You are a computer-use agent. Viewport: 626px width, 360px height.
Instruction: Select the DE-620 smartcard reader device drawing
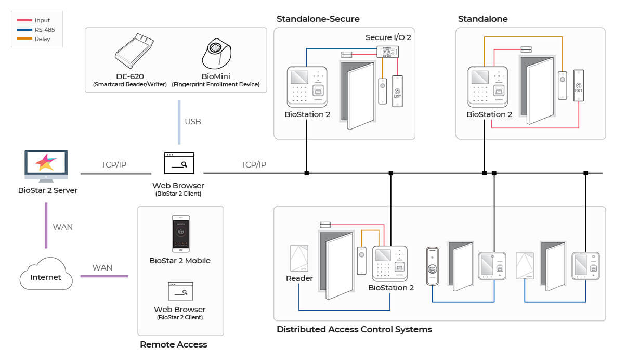pyautogui.click(x=134, y=51)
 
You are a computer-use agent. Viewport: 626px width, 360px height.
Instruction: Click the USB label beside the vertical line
pyautogui.click(x=193, y=122)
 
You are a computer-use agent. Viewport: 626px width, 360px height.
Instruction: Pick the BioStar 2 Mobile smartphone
pyautogui.click(x=180, y=234)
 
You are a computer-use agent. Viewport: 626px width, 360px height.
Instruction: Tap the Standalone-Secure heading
pyautogui.click(x=318, y=19)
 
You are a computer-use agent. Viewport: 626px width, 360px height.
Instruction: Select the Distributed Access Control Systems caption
pyautogui.click(x=354, y=329)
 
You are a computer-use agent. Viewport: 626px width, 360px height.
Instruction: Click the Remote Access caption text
pyautogui.click(x=173, y=344)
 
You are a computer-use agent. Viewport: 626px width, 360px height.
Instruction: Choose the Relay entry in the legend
pyautogui.click(x=43, y=39)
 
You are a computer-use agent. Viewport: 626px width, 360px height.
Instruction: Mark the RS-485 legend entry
pyautogui.click(x=45, y=30)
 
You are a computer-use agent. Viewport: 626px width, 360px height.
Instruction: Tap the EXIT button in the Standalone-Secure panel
pyautogui.click(x=397, y=92)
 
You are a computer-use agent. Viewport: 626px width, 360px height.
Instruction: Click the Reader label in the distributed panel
pyautogui.click(x=299, y=278)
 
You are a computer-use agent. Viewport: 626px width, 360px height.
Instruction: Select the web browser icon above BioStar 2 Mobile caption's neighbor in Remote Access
pyautogui.click(x=180, y=292)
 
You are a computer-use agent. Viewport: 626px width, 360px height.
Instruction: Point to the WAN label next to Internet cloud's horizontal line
pyautogui.click(x=102, y=268)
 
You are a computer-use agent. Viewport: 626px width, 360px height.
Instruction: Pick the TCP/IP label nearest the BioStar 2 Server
pyautogui.click(x=114, y=165)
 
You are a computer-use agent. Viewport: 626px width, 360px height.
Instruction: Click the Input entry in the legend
pyautogui.click(x=42, y=20)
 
